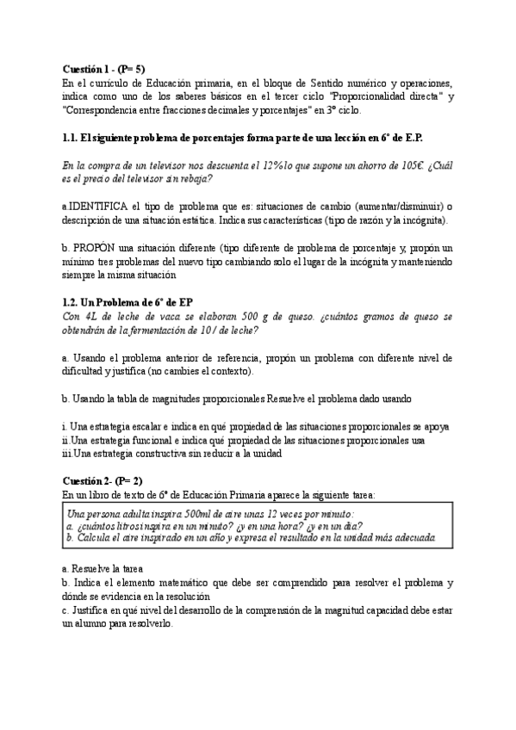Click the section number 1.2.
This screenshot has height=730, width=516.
pyautogui.click(x=71, y=302)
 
